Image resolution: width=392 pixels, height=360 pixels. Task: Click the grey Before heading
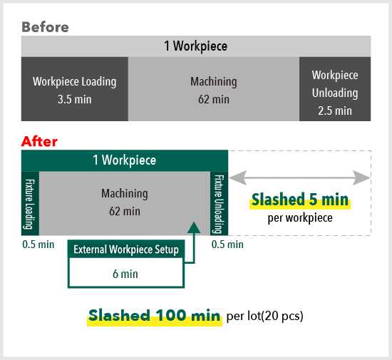(x=45, y=27)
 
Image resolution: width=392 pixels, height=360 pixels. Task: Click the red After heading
(x=39, y=141)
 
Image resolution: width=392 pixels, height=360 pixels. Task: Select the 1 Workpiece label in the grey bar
(x=196, y=46)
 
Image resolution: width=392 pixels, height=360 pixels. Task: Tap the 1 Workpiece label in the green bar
(x=125, y=160)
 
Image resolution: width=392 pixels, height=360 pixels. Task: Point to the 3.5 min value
(x=75, y=99)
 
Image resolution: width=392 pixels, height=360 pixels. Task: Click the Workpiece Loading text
(x=75, y=81)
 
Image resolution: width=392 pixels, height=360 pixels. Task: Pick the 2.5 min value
(x=335, y=110)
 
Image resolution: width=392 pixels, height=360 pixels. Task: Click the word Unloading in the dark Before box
(x=335, y=93)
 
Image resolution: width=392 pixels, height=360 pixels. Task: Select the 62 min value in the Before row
(x=214, y=99)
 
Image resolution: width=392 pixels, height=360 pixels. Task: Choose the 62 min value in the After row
(x=125, y=211)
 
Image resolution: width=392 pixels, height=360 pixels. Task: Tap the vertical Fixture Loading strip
(x=30, y=203)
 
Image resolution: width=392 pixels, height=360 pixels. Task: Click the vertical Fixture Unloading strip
(x=219, y=203)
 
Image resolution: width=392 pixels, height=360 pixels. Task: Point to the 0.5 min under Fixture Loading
(x=38, y=245)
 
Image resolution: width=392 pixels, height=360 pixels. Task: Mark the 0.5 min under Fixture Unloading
(x=227, y=245)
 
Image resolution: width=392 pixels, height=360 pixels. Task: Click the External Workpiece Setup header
(x=126, y=250)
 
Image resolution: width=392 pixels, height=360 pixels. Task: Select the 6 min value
(x=125, y=274)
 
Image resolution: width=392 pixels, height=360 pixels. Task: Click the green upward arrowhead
(x=194, y=227)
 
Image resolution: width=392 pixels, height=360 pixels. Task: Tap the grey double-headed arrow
(x=299, y=178)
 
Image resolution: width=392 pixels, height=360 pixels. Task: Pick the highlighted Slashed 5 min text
(x=300, y=200)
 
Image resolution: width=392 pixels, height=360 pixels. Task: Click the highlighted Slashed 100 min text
(x=155, y=316)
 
